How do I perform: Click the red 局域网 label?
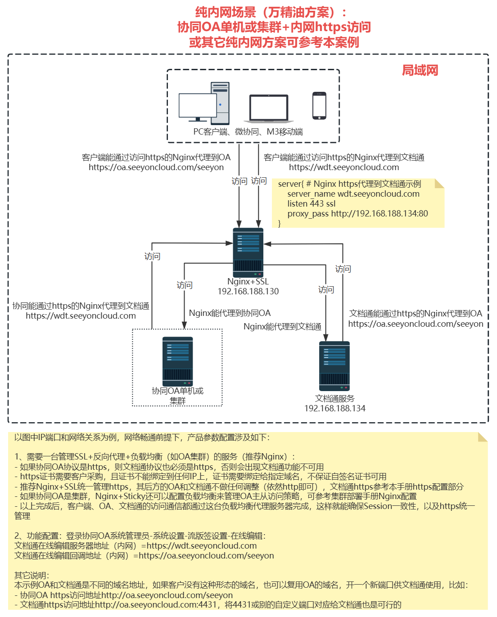tap(420, 70)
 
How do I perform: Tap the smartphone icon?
tap(319, 106)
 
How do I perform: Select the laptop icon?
tap(269, 108)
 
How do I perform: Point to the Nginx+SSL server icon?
tap(248, 252)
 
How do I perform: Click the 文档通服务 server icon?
tap(334, 366)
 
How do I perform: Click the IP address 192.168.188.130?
tap(248, 292)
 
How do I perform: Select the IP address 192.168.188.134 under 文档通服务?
tap(334, 409)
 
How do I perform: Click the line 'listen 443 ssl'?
tap(312, 204)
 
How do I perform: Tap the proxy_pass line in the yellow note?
tap(357, 214)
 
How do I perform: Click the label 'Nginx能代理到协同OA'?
tap(230, 313)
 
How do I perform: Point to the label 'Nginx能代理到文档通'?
tap(282, 327)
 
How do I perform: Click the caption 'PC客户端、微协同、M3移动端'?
tap(248, 132)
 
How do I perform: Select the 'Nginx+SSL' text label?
tap(248, 282)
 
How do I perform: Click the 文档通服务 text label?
tap(334, 399)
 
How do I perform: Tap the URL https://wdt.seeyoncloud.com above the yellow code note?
tap(344, 167)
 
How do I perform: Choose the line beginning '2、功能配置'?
tap(140, 536)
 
